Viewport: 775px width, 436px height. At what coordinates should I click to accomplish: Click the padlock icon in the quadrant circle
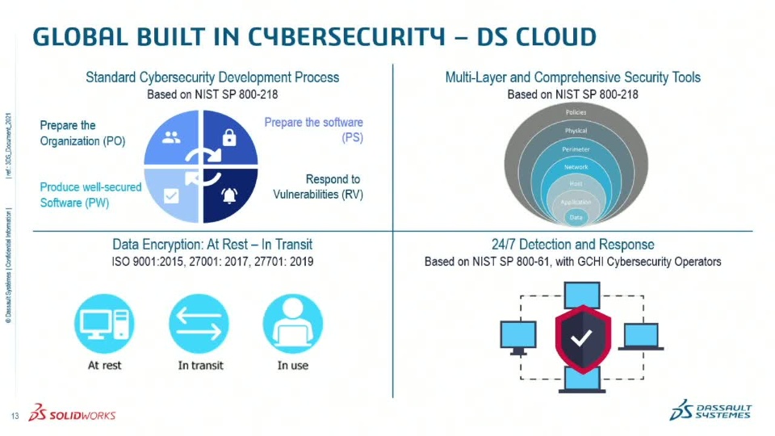tap(229, 138)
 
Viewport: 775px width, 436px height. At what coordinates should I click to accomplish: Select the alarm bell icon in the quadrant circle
tap(229, 194)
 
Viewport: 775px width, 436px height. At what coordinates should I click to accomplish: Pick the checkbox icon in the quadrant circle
tap(171, 195)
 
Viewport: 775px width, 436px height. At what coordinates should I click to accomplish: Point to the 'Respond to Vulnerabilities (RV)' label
tap(318, 187)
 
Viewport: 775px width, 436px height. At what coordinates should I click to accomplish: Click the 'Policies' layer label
tap(576, 112)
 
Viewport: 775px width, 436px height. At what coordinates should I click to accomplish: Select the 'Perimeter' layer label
tap(576, 149)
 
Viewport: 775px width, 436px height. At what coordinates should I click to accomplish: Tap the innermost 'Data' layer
tap(576, 217)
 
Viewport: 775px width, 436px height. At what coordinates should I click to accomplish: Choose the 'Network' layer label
tap(576, 167)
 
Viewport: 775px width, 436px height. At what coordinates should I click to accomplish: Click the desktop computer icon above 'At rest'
tap(104, 324)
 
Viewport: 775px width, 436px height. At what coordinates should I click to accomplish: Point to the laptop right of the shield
tap(641, 337)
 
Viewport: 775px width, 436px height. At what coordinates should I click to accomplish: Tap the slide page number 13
tap(15, 416)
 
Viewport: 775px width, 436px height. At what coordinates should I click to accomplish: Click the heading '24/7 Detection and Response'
tap(572, 245)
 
